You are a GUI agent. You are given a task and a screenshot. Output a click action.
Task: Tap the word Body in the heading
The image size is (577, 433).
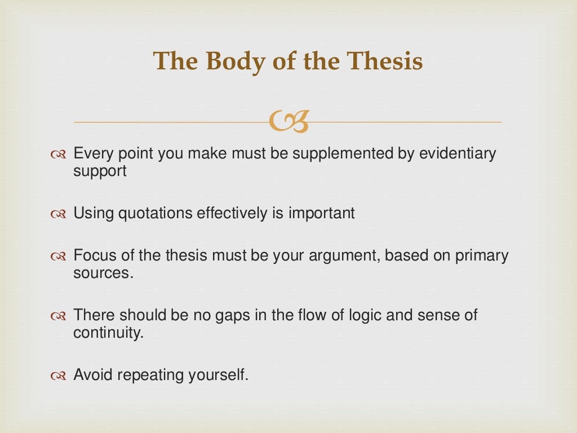(x=229, y=61)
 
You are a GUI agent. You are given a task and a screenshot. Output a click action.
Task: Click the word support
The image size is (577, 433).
(x=100, y=172)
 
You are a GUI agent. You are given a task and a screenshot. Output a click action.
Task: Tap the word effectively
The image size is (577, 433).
(x=237, y=214)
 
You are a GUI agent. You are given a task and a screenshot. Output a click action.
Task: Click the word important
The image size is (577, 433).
(x=322, y=214)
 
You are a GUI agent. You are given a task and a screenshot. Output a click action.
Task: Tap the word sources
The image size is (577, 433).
(x=103, y=273)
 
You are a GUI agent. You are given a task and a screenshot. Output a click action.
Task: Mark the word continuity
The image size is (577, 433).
(x=108, y=333)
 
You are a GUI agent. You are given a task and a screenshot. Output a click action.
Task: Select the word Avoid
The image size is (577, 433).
(x=92, y=375)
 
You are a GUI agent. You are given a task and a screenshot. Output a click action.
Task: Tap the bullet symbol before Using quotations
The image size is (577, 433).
(x=59, y=214)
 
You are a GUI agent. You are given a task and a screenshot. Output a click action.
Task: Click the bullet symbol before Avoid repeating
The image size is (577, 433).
(x=59, y=375)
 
